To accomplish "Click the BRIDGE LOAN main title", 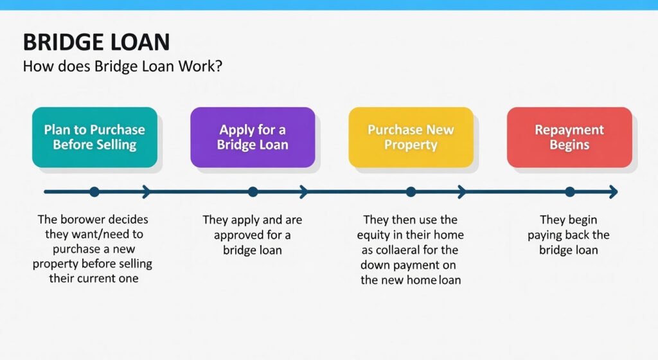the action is tap(96, 42).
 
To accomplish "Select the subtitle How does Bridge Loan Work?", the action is tap(123, 66).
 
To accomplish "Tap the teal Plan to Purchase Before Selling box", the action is tap(95, 137).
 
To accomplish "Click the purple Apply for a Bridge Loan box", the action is tap(253, 137).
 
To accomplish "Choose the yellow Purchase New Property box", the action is tap(411, 137).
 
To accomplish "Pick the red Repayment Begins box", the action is tap(569, 137).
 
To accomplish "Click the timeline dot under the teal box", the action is tap(94, 192).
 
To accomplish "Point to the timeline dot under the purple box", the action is tap(253, 192).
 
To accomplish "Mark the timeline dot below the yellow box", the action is tap(411, 192).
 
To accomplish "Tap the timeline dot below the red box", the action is tap(569, 192).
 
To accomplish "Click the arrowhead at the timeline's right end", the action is tap(614, 192).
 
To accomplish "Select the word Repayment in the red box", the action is tap(569, 130).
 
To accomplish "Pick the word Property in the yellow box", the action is tap(411, 145).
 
